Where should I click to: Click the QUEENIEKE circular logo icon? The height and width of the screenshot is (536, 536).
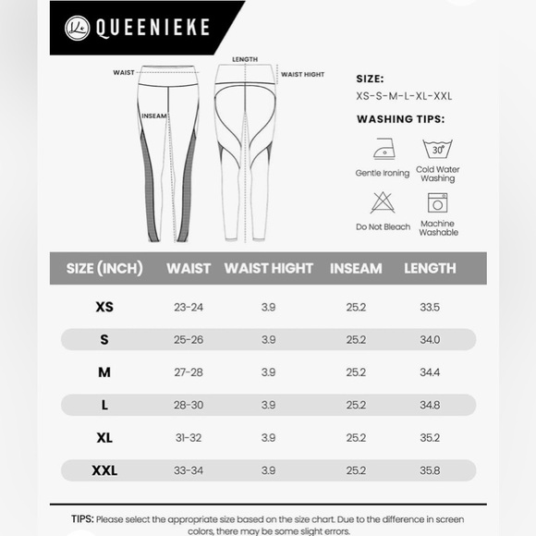tap(77, 27)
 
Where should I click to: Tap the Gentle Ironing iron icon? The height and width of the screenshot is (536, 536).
tap(382, 150)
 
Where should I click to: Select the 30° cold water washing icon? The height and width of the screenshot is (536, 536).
tap(437, 148)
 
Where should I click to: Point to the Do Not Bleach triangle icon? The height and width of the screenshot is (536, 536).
tap(383, 202)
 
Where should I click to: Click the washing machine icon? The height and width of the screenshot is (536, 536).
tap(437, 202)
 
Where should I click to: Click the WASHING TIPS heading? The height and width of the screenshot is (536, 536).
tap(400, 119)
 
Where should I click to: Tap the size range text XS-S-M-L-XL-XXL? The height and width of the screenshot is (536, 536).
tap(404, 95)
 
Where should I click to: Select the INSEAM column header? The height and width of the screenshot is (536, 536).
tap(356, 269)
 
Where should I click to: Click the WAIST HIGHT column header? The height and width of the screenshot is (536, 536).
tap(269, 269)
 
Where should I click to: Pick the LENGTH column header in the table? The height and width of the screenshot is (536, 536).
tap(430, 269)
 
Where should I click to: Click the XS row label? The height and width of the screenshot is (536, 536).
tap(104, 307)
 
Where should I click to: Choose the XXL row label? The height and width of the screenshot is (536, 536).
tap(104, 470)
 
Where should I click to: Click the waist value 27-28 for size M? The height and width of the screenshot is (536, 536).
tap(189, 372)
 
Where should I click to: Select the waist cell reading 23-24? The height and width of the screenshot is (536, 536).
tap(189, 307)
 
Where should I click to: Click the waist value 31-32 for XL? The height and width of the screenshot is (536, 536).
tap(189, 438)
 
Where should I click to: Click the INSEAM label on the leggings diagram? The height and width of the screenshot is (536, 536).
tap(153, 116)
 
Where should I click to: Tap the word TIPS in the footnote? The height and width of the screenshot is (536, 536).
tap(81, 519)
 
